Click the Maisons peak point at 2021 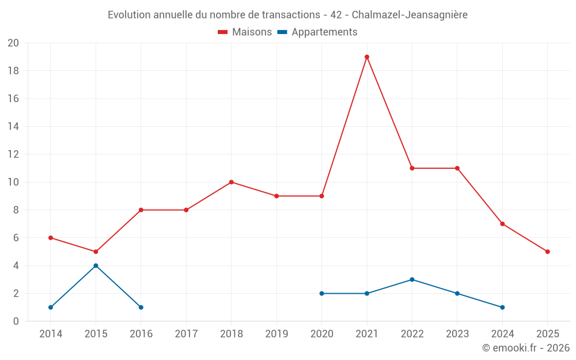pos(367,57)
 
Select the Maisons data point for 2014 pos(51,238)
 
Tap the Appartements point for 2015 pos(96,266)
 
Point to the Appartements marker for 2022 pos(412,279)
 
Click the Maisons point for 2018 pos(231,182)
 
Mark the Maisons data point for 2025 pos(547,252)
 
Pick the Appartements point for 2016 pos(141,307)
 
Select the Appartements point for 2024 pos(502,307)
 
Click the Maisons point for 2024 pos(502,223)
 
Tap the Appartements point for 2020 pos(321,293)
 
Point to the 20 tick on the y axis pos(13,43)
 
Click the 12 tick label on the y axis pos(13,154)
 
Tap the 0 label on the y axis pos(16,321)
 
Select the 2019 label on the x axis pos(276,334)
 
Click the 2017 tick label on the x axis pos(186,334)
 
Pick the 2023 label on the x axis pos(457,334)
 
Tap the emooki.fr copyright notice pos(525,348)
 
